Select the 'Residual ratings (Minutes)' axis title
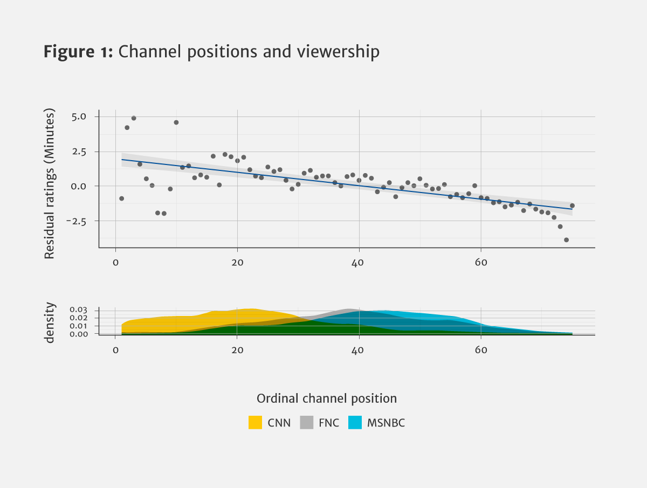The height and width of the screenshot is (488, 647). coord(50,184)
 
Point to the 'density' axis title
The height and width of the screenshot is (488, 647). coord(50,322)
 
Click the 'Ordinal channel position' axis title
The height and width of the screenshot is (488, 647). coord(327,398)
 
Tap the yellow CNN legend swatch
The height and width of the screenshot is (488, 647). coord(255,423)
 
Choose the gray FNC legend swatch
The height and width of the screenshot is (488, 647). coord(306,423)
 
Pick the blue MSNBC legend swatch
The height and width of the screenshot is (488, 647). coord(355,423)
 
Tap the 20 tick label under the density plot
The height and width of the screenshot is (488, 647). coord(237,349)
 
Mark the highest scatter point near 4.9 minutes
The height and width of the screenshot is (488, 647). coord(134,118)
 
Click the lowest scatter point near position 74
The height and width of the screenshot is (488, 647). coord(566,240)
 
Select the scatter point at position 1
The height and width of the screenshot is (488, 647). coord(121,198)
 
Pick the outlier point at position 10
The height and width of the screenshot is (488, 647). coord(176,122)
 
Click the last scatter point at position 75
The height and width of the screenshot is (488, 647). coord(572,205)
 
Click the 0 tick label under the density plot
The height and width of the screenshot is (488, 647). coord(115,349)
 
